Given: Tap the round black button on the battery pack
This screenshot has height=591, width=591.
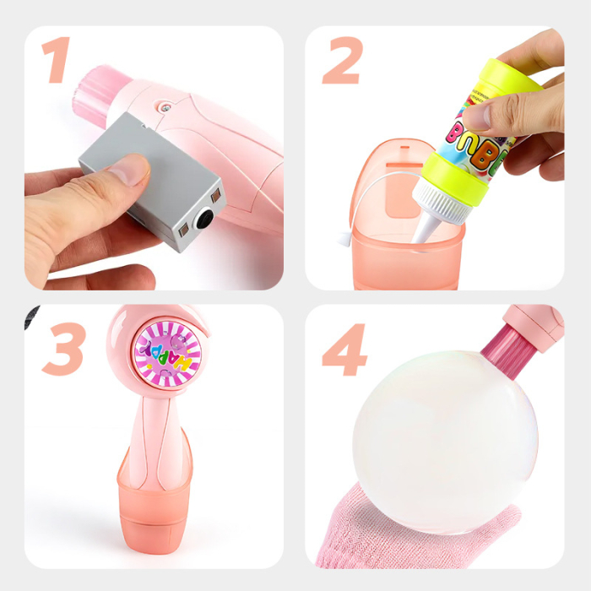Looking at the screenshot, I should pos(205,219).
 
